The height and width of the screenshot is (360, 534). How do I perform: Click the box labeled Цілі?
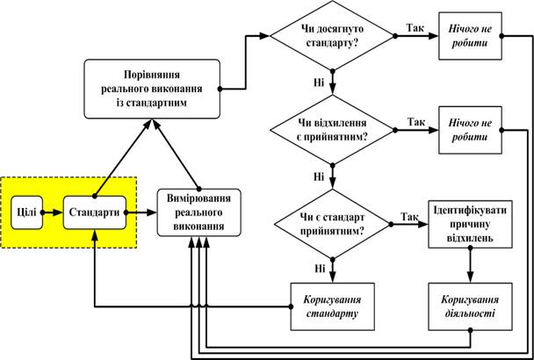click(26, 212)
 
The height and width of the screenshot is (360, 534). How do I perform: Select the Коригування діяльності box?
click(471, 305)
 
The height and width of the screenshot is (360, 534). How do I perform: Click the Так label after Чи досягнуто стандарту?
click(416, 29)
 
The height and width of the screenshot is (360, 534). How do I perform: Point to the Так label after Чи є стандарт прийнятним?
click(408, 215)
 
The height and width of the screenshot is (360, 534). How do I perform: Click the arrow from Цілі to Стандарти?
click(52, 212)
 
